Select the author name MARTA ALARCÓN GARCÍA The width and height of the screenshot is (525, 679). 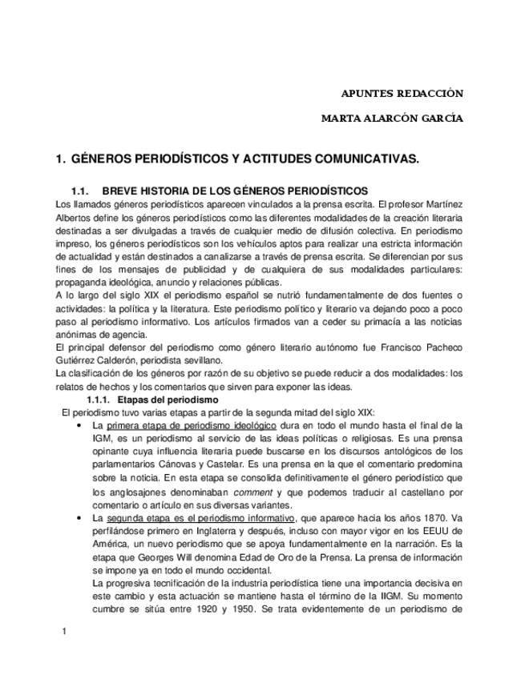[391, 119]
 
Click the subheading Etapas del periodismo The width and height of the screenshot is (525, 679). [168, 399]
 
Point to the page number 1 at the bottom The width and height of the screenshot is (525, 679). [63, 633]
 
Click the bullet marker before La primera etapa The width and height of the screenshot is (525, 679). [78, 425]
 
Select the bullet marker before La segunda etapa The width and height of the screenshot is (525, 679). [78, 519]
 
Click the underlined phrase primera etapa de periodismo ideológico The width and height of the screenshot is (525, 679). [192, 425]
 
